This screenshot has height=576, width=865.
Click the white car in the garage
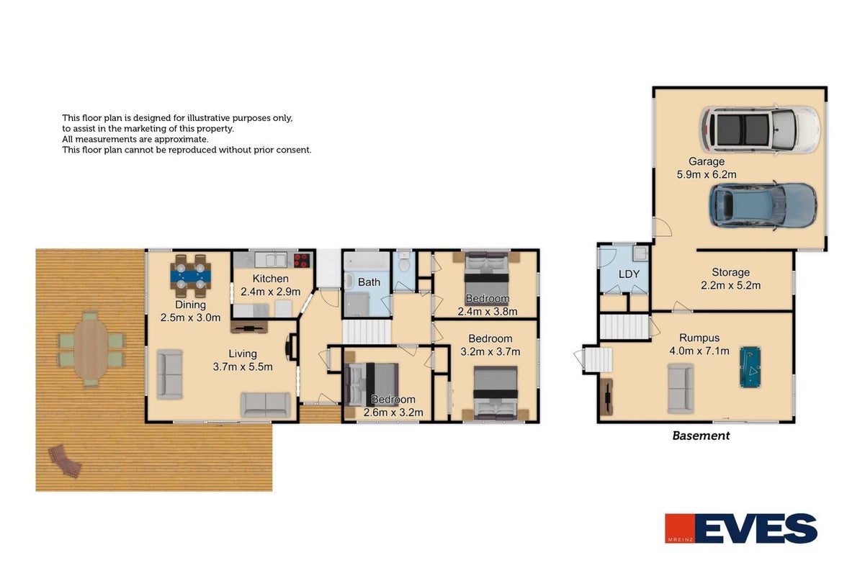pyautogui.click(x=760, y=130)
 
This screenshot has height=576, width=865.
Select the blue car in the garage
pyautogui.click(x=763, y=205)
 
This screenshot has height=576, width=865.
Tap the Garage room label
pyautogui.click(x=707, y=161)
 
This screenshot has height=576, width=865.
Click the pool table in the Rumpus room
pyautogui.click(x=750, y=367)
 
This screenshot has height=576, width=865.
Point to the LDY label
pyautogui.click(x=629, y=274)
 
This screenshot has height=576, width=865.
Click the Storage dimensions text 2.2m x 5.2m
pyautogui.click(x=730, y=285)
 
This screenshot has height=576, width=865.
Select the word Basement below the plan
pyautogui.click(x=701, y=436)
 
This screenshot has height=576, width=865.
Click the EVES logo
pyautogui.click(x=740, y=528)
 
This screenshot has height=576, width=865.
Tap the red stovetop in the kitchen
pyautogui.click(x=302, y=260)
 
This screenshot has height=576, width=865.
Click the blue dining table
pyautogui.click(x=191, y=276)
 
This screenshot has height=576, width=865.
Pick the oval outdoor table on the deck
pyautogui.click(x=91, y=349)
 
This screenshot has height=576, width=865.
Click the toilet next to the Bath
pyautogui.click(x=404, y=262)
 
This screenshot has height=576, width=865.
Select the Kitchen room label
pyautogui.click(x=270, y=279)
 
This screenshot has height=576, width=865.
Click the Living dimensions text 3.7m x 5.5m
pyautogui.click(x=243, y=366)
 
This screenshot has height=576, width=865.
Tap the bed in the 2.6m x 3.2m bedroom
pyautogui.click(x=372, y=384)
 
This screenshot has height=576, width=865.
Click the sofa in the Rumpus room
pyautogui.click(x=681, y=388)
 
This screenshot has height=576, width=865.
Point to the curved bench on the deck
pyautogui.click(x=65, y=461)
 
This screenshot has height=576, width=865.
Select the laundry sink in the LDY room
pyautogui.click(x=640, y=253)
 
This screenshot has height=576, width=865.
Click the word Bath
pyautogui.click(x=369, y=282)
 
